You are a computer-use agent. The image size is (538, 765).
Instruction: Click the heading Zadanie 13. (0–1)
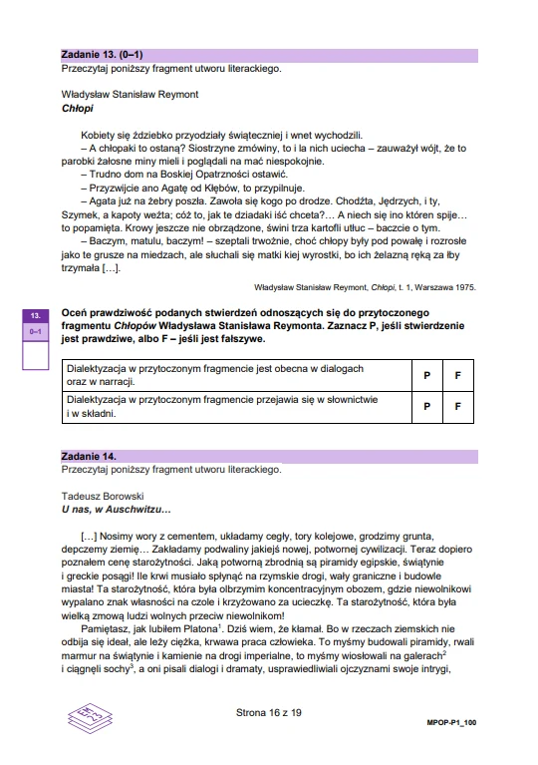[x=102, y=56]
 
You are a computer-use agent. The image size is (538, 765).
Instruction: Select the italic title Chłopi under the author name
[x=76, y=108]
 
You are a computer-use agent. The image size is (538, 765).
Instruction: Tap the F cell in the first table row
[x=457, y=375]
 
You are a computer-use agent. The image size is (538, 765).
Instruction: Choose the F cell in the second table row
[x=457, y=406]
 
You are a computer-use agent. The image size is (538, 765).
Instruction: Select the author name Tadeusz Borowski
[x=102, y=495]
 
